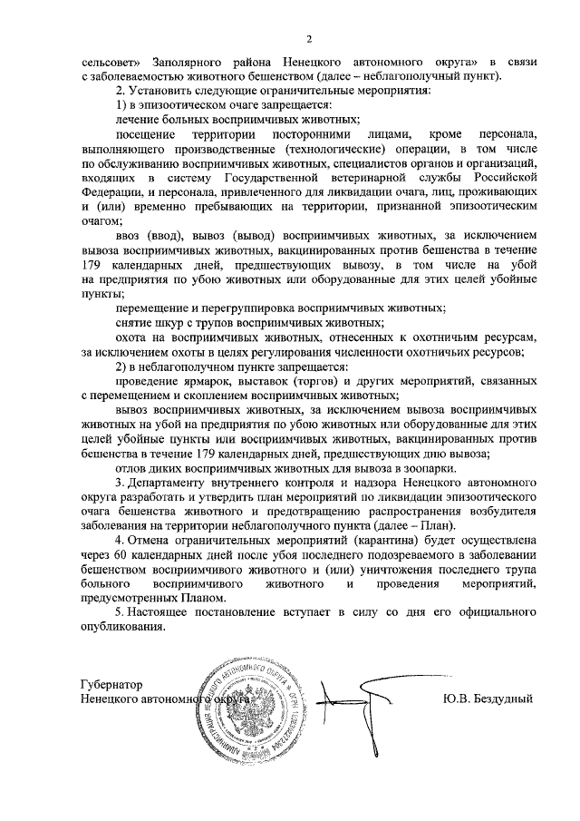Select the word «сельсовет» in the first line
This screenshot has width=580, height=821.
pos(111,62)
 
